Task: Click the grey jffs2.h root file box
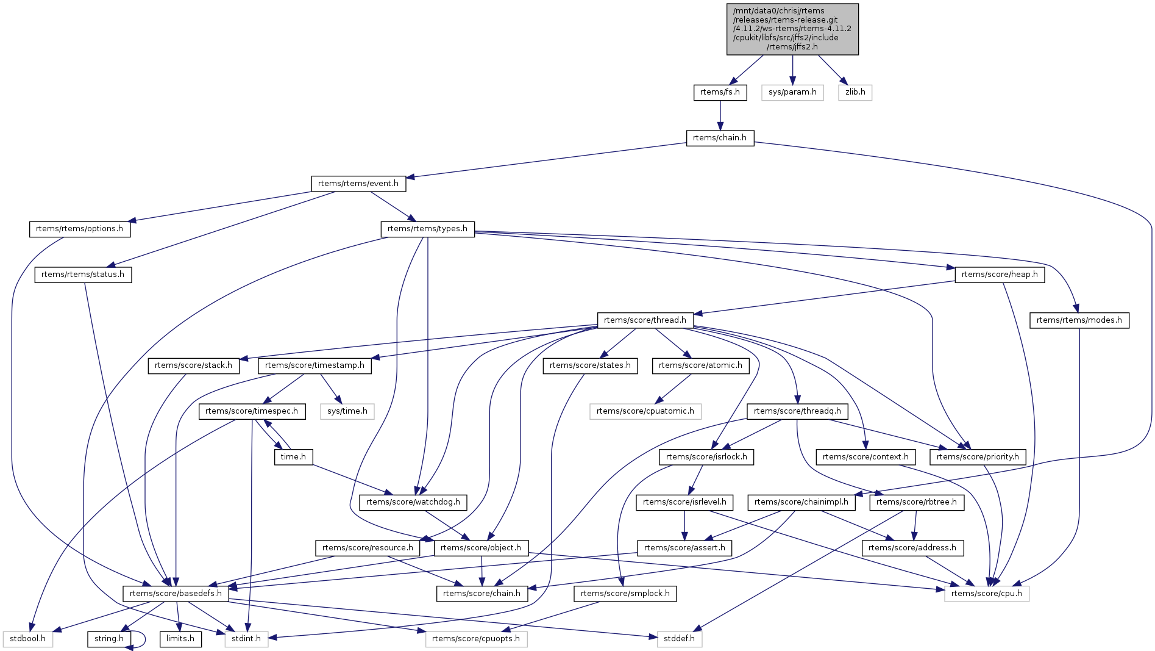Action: [792, 29]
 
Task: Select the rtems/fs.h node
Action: [720, 92]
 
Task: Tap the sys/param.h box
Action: [792, 92]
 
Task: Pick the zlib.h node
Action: [855, 92]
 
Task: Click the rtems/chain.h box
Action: [720, 138]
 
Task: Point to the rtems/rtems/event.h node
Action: [358, 184]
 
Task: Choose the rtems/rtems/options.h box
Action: [79, 229]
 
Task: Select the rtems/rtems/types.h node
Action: [427, 229]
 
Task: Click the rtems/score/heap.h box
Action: [1000, 275]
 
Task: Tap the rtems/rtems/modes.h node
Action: [1079, 320]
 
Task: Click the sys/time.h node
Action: [347, 411]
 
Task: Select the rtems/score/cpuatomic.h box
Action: [645, 411]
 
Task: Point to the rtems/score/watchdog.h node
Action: [413, 502]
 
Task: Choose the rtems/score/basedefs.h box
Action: [176, 593]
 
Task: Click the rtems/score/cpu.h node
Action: [987, 593]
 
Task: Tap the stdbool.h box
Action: [27, 639]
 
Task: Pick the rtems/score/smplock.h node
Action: [625, 593]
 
